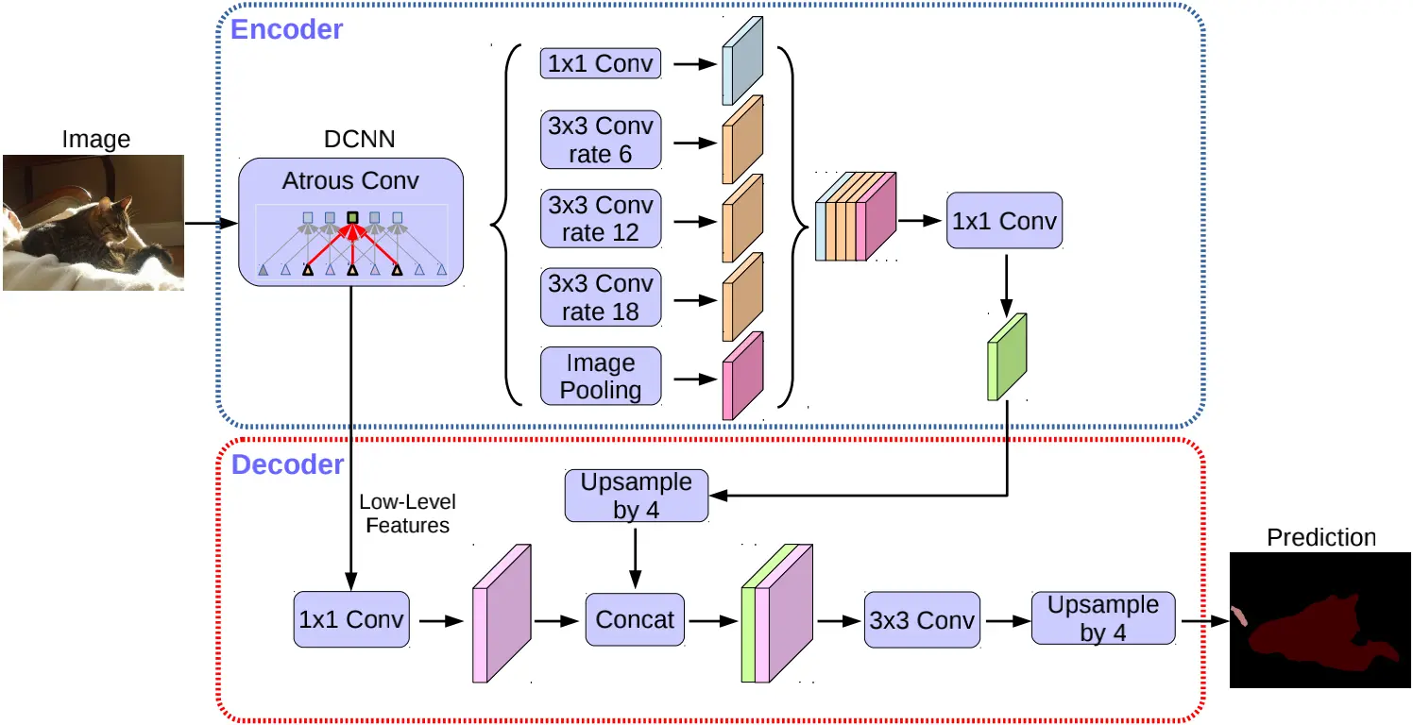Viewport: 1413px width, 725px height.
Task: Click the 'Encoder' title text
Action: point(286,29)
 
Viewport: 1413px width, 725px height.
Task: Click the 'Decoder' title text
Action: point(287,465)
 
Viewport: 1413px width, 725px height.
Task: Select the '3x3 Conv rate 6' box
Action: point(601,141)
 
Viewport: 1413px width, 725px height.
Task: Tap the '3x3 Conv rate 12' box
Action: point(601,219)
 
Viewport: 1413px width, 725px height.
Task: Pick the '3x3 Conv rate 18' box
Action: point(601,297)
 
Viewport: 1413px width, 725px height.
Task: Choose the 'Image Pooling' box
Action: point(601,377)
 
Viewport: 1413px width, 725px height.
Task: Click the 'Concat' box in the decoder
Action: point(636,619)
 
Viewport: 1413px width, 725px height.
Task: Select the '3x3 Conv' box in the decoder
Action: point(922,619)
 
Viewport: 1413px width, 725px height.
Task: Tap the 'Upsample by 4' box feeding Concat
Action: point(636,497)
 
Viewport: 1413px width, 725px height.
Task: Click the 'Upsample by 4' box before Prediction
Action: point(1103,618)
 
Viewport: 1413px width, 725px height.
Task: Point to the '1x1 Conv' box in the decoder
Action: point(351,619)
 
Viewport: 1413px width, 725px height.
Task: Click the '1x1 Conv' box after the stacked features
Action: point(1005,221)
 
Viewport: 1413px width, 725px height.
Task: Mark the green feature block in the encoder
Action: point(1006,358)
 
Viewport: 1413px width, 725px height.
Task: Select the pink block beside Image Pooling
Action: point(741,377)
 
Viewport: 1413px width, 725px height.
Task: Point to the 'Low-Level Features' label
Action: point(407,513)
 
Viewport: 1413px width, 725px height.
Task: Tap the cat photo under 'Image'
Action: point(93,223)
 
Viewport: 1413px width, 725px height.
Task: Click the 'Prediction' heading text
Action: point(1320,538)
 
